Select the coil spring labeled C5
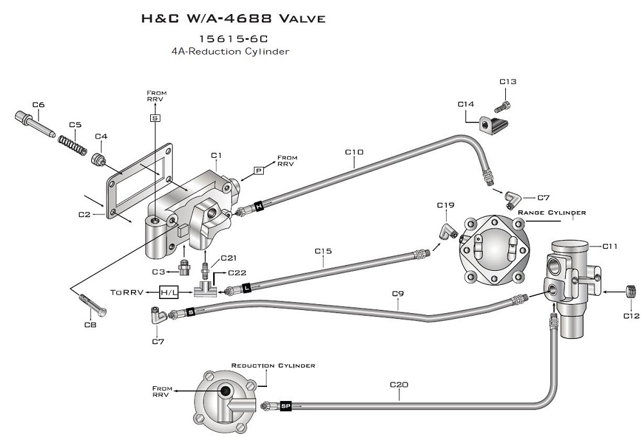pyautogui.click(x=73, y=145)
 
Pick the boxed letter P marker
pyautogui.click(x=259, y=171)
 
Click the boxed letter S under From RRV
pyautogui.click(x=155, y=118)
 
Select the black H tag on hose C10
pyautogui.click(x=259, y=207)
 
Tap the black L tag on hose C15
pyautogui.click(x=247, y=288)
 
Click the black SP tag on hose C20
pyautogui.click(x=286, y=406)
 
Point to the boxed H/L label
pyautogui.click(x=169, y=292)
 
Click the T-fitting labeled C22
pyautogui.click(x=205, y=288)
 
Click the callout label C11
pyautogui.click(x=610, y=246)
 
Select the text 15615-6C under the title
pyautogui.click(x=234, y=39)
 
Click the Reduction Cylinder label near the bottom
pyautogui.click(x=273, y=365)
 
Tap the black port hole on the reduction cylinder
pyautogui.click(x=225, y=391)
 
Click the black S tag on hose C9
pyautogui.click(x=191, y=313)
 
